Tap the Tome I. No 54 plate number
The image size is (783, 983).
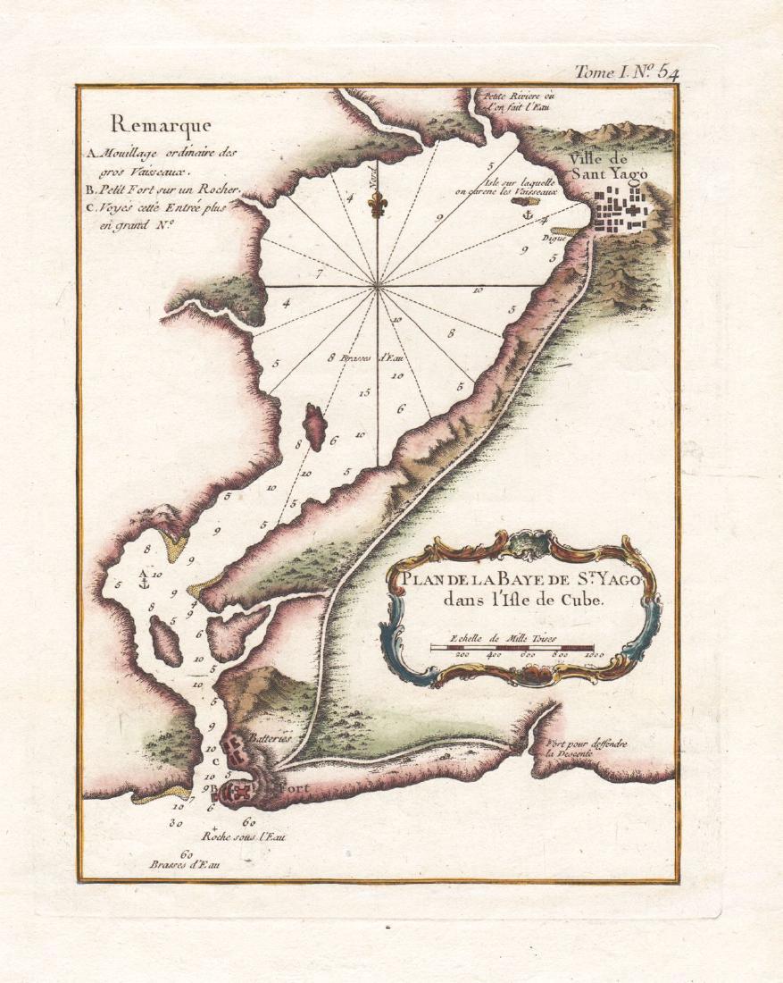click(626, 72)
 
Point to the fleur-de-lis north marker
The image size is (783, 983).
click(378, 205)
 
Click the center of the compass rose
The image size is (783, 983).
click(379, 286)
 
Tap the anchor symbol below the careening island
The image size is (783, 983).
click(527, 215)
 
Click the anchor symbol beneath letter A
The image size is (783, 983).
click(142, 583)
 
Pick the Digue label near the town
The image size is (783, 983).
click(555, 239)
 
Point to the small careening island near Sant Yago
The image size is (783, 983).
click(520, 203)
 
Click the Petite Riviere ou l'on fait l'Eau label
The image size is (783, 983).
click(519, 101)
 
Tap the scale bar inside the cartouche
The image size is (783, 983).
click(518, 645)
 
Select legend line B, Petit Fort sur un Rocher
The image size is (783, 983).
click(166, 189)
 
